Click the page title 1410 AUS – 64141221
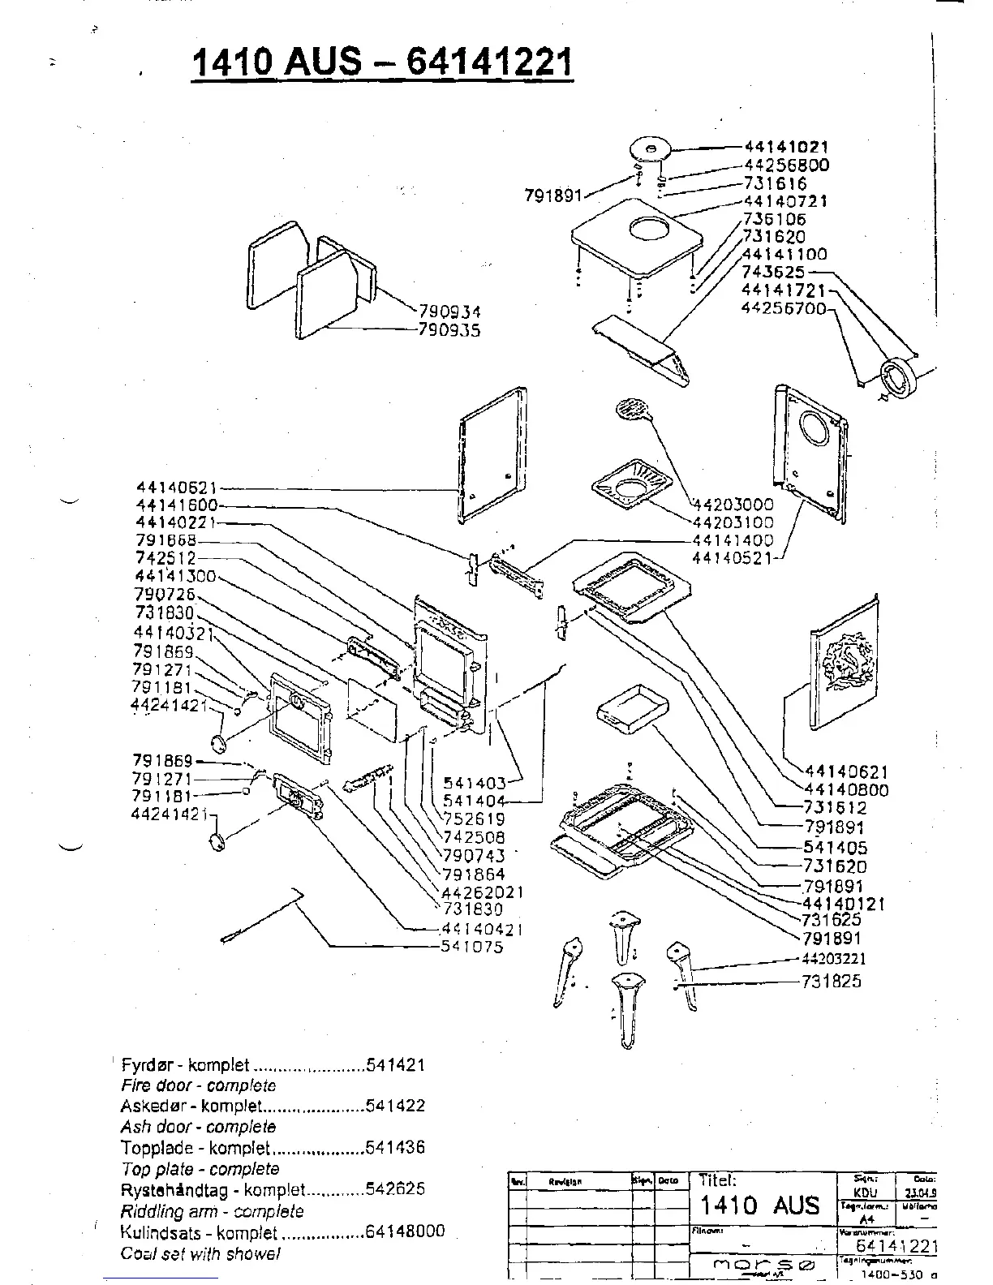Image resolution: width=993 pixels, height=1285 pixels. pyautogui.click(x=382, y=62)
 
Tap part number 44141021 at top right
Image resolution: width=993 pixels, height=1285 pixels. pyautogui.click(x=786, y=148)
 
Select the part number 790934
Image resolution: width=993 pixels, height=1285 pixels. pyautogui.click(x=449, y=312)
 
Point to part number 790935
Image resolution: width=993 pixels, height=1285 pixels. pyautogui.click(x=449, y=330)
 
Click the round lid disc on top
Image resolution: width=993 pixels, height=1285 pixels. pyautogui.click(x=651, y=149)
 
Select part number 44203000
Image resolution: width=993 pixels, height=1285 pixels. pyautogui.click(x=733, y=505)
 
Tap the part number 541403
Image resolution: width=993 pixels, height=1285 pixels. pyautogui.click(x=474, y=783)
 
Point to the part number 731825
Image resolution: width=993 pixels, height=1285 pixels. pyautogui.click(x=831, y=982)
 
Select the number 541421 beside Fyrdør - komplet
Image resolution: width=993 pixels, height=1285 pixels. pyautogui.click(x=395, y=1064)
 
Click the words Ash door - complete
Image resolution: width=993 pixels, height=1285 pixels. pyautogui.click(x=198, y=1127)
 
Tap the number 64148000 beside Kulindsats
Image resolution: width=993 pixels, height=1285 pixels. pyautogui.click(x=405, y=1231)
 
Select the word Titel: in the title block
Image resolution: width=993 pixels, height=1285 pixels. pyautogui.click(x=717, y=1181)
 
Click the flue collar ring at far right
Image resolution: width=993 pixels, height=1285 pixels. pyautogui.click(x=898, y=378)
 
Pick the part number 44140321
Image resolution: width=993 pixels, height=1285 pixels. pyautogui.click(x=173, y=633)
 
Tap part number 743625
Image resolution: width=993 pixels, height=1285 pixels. pyautogui.click(x=772, y=273)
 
